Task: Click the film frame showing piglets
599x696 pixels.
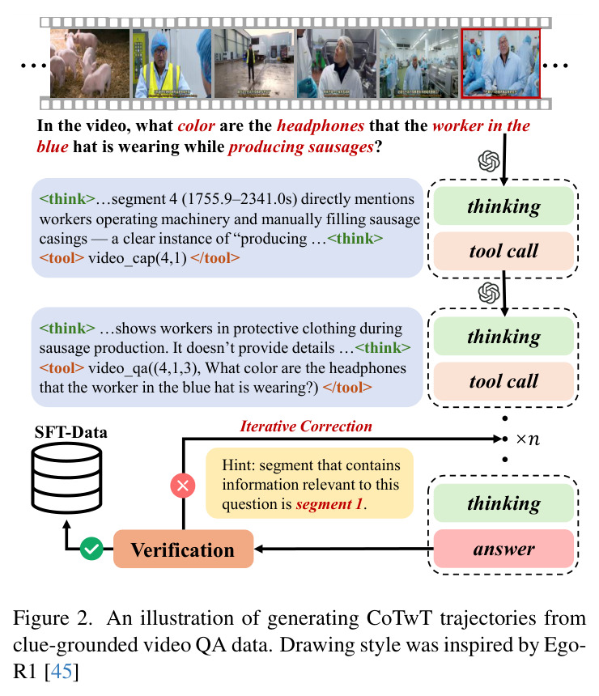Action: pyautogui.click(x=90, y=63)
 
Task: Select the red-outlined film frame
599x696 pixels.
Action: pyautogui.click(x=501, y=63)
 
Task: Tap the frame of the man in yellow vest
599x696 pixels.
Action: pyautogui.click(x=172, y=63)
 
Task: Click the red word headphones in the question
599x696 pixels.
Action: pyautogui.click(x=321, y=125)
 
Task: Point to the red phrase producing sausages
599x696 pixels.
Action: pyautogui.click(x=301, y=147)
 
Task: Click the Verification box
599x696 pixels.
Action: pyautogui.click(x=184, y=549)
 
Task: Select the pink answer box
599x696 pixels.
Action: pyautogui.click(x=503, y=549)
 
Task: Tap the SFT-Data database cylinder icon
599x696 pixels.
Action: pyautogui.click(x=66, y=477)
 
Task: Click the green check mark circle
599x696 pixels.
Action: pyautogui.click(x=91, y=549)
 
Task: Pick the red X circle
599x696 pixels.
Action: pyautogui.click(x=183, y=485)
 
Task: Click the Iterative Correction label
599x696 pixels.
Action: pyautogui.click(x=306, y=427)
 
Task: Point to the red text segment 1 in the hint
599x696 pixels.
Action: pyautogui.click(x=329, y=504)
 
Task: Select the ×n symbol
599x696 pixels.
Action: pyautogui.click(x=528, y=439)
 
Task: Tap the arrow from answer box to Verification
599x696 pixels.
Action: pyautogui.click(x=344, y=549)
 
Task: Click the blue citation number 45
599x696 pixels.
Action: pyautogui.click(x=62, y=671)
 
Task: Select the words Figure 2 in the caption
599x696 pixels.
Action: pyautogui.click(x=53, y=617)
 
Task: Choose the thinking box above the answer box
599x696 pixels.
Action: pyautogui.click(x=503, y=503)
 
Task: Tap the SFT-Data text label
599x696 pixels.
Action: pyautogui.click(x=71, y=432)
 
